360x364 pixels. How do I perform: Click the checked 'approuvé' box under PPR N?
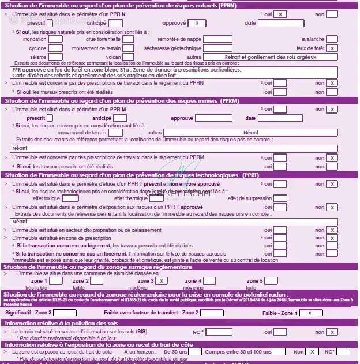(x=197, y=23)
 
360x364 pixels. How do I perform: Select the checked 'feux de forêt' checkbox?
(x=332, y=48)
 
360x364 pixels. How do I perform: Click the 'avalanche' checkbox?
(x=332, y=40)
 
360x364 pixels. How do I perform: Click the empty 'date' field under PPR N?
(x=288, y=23)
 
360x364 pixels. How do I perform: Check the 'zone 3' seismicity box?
(x=162, y=281)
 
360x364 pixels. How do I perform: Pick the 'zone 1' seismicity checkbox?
(x=57, y=281)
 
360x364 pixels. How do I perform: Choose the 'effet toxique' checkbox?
(x=70, y=198)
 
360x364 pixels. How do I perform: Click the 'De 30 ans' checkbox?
(x=195, y=351)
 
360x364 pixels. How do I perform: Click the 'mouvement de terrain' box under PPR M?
(x=115, y=132)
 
